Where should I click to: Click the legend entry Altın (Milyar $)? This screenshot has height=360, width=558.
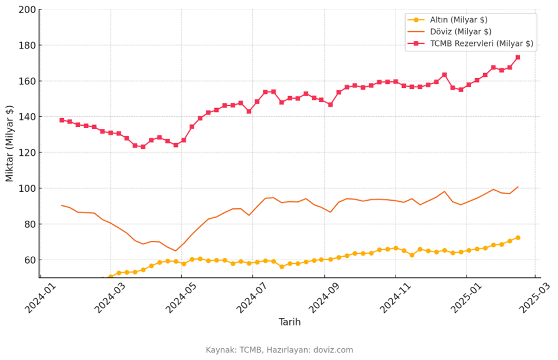pos(459,20)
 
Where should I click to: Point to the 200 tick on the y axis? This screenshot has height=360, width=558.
pos(27,9)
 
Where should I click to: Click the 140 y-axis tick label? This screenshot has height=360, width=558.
pos(27,117)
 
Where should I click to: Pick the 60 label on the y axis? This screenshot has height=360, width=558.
pos(30,260)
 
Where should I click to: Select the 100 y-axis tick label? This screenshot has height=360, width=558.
pos(27,188)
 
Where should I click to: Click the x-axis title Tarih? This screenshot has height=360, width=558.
pos(289,322)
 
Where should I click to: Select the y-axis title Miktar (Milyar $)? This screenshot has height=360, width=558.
pos(9,143)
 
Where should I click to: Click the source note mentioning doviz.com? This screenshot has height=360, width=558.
pos(279,350)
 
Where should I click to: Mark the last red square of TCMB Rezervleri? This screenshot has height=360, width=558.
pos(518,57)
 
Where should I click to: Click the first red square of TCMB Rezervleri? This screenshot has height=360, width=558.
pos(61,120)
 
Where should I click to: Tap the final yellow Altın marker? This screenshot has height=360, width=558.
pos(518,238)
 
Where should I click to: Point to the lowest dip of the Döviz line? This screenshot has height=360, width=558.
pos(175,251)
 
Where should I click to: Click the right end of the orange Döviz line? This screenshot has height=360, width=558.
pos(518,186)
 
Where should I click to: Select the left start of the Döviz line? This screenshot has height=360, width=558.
pos(61,205)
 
